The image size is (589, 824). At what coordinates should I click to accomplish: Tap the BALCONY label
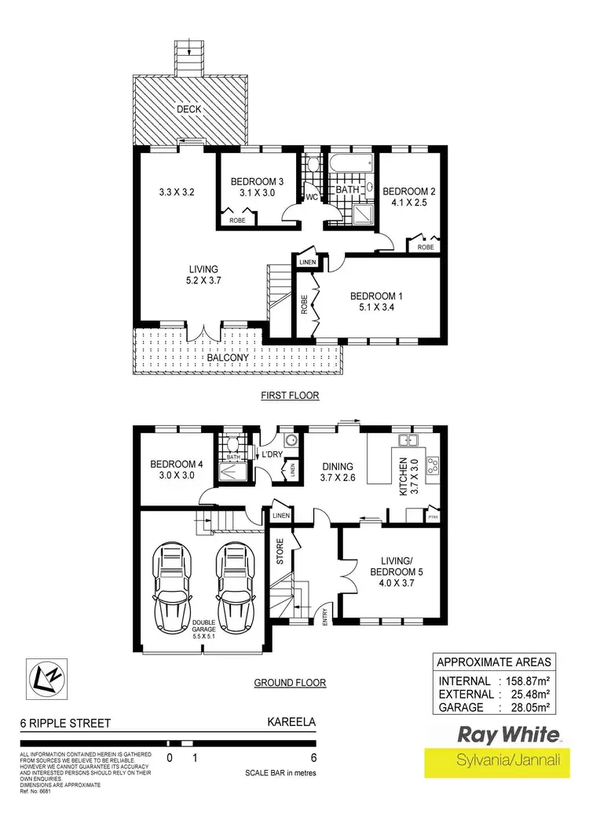[229, 358]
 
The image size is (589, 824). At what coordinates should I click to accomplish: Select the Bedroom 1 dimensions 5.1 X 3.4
[376, 308]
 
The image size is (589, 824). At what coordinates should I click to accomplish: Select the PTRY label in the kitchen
[433, 516]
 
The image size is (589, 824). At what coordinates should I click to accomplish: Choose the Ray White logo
[510, 735]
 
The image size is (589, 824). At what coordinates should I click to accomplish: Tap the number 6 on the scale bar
[314, 758]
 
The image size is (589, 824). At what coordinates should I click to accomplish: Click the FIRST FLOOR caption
[290, 396]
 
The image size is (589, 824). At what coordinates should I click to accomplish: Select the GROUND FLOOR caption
[290, 683]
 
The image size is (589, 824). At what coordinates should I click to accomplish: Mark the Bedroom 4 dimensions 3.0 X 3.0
[177, 476]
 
